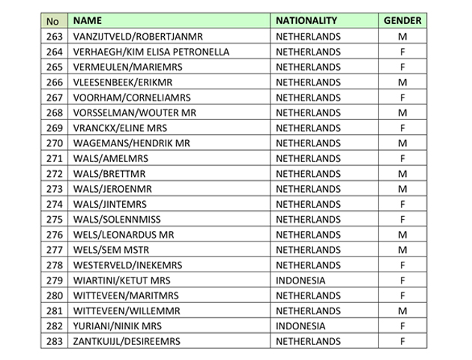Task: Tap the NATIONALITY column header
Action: point(306,21)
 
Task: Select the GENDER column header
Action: point(402,21)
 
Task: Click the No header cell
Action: point(52,21)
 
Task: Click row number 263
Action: point(54,36)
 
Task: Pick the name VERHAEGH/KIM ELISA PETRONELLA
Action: point(151,52)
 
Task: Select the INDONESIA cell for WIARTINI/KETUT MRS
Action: point(300,280)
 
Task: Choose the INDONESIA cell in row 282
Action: point(300,326)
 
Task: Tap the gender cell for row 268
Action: point(402,112)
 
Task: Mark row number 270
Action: point(54,142)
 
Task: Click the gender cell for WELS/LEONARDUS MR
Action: point(402,235)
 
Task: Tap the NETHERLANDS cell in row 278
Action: point(308,265)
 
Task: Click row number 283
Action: point(54,341)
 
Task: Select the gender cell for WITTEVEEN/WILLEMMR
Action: point(402,310)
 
